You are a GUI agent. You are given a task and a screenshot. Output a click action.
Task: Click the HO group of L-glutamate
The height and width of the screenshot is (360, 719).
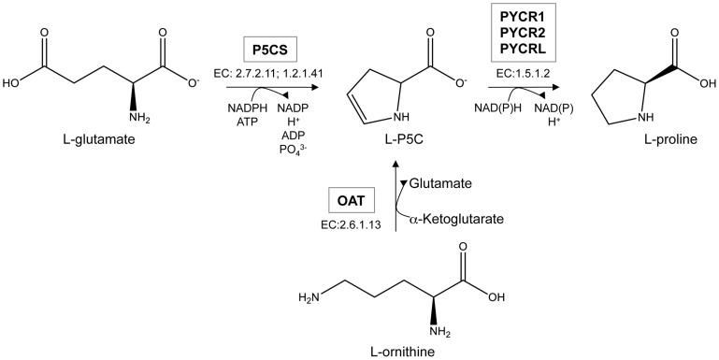pos(13,80)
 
